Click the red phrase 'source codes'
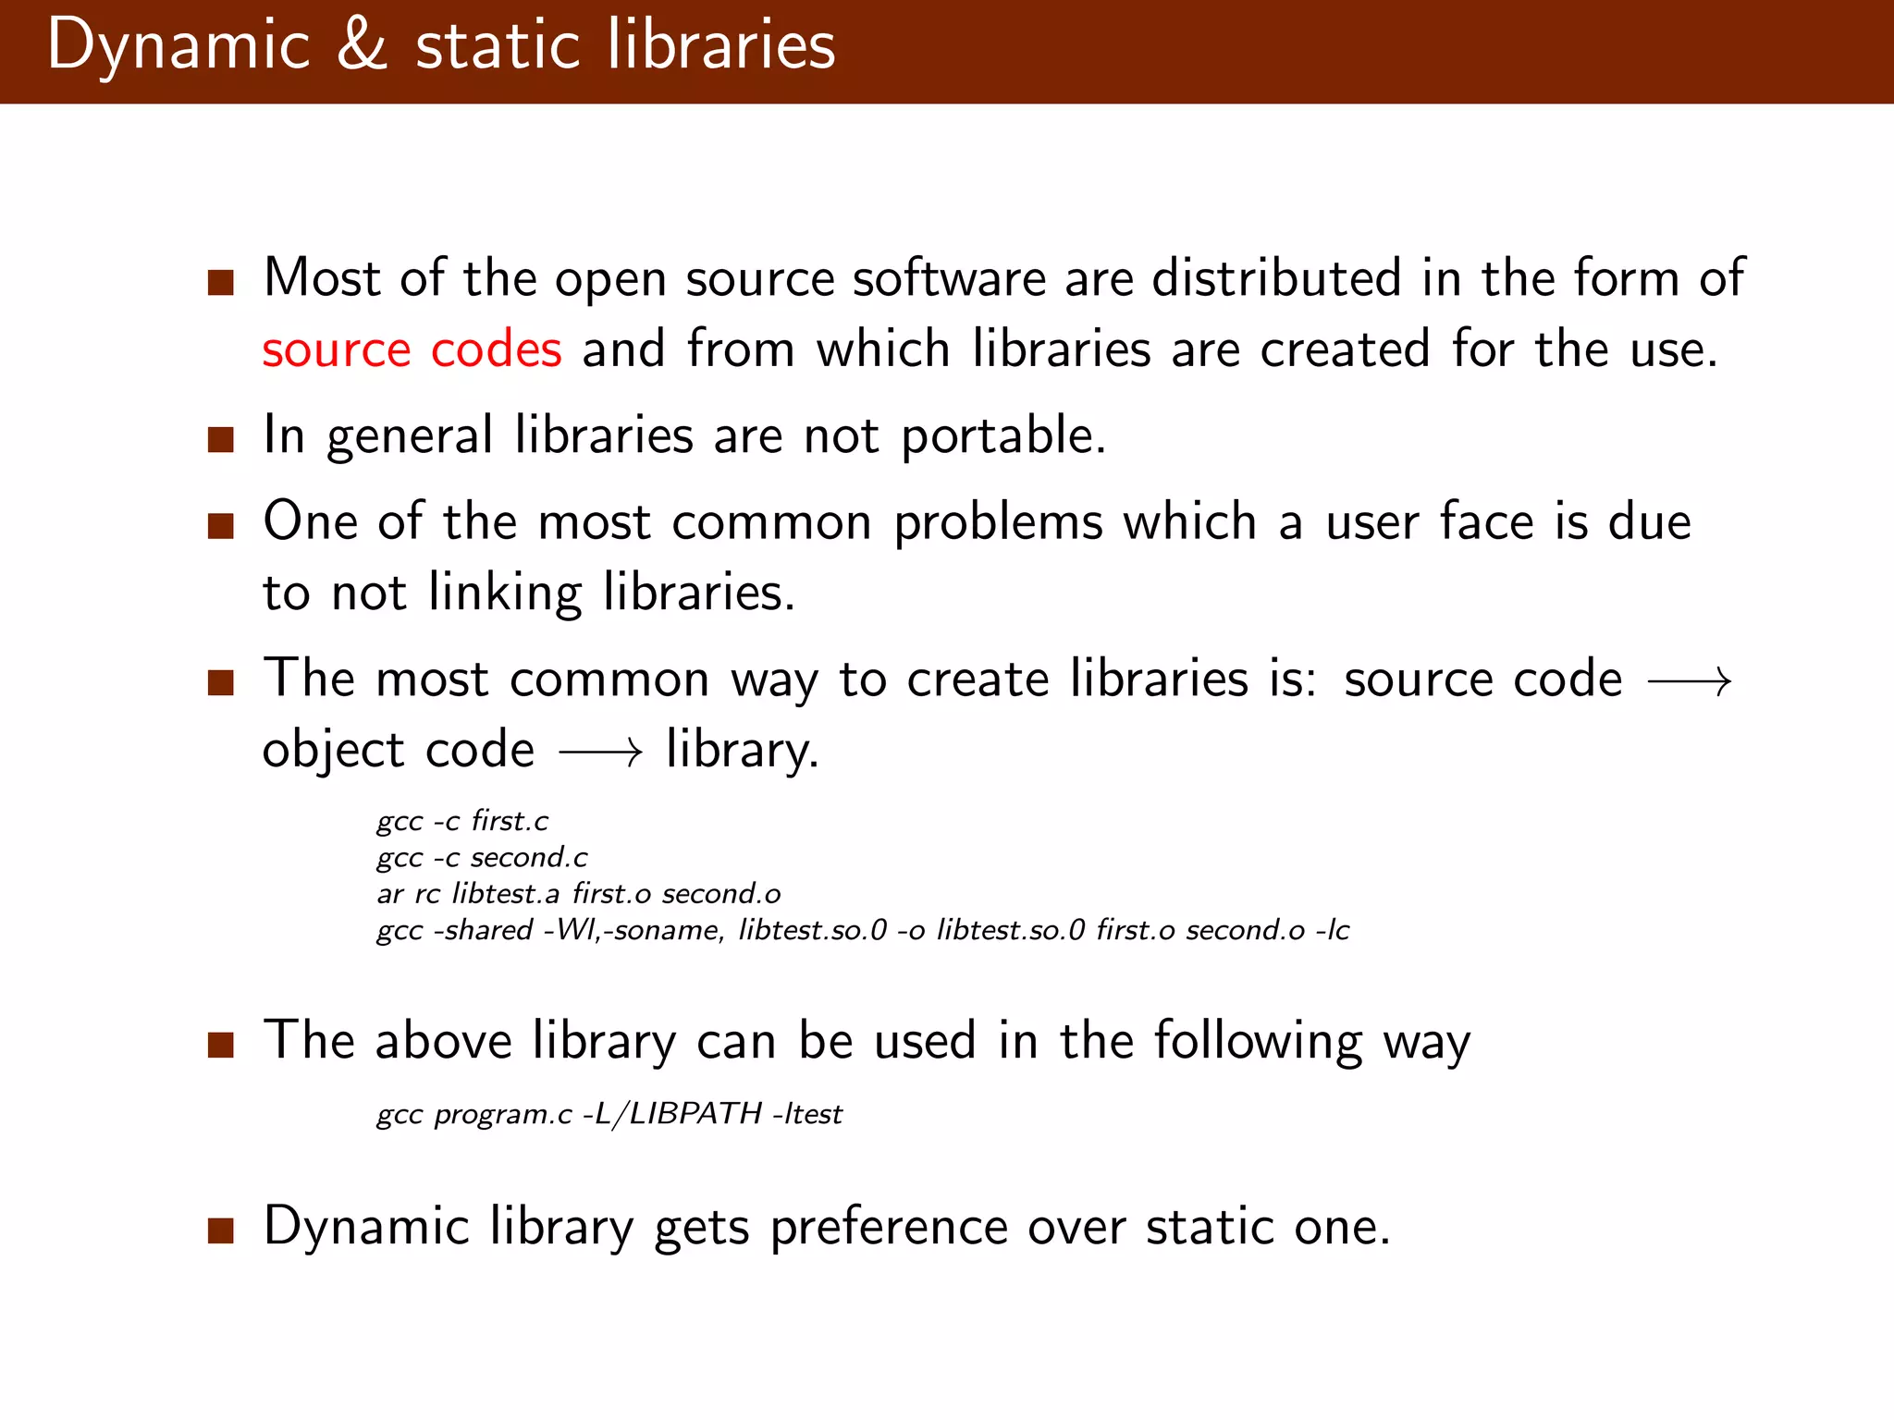click(x=412, y=349)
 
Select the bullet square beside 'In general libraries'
click(x=220, y=438)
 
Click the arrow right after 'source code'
click(x=1690, y=682)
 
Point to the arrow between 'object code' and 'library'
click(x=600, y=753)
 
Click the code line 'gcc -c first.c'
click(x=462, y=821)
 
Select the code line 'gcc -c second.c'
click(x=482, y=858)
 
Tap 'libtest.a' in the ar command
click(x=506, y=894)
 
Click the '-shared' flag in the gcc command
click(x=483, y=930)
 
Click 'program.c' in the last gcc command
click(x=503, y=1114)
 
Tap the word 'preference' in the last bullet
click(x=889, y=1229)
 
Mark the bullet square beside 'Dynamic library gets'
click(x=220, y=1231)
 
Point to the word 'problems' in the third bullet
click(x=998, y=523)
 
